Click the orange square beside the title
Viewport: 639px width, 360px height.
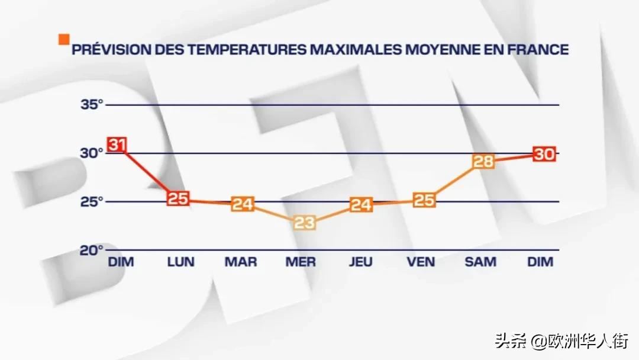(x=63, y=40)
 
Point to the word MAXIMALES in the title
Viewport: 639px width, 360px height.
(x=353, y=50)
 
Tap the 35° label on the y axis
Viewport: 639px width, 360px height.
(x=92, y=105)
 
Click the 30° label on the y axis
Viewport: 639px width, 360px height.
(x=92, y=153)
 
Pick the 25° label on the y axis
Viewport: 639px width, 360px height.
(x=92, y=201)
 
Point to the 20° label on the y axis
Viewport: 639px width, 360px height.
(x=92, y=249)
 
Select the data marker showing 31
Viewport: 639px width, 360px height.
(x=117, y=144)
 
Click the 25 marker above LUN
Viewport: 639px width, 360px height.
(x=177, y=198)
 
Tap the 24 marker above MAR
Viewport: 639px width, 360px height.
(x=243, y=204)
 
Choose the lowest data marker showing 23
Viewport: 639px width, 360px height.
(x=305, y=223)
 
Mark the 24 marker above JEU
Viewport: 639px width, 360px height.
(x=361, y=205)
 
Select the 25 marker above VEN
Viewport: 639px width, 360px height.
(x=423, y=200)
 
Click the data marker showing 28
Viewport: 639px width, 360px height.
(x=483, y=162)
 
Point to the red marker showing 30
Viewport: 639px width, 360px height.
(x=543, y=154)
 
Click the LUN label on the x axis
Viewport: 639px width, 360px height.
(x=180, y=262)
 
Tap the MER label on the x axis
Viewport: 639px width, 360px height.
(x=301, y=262)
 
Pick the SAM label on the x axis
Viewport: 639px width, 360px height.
(x=480, y=262)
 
